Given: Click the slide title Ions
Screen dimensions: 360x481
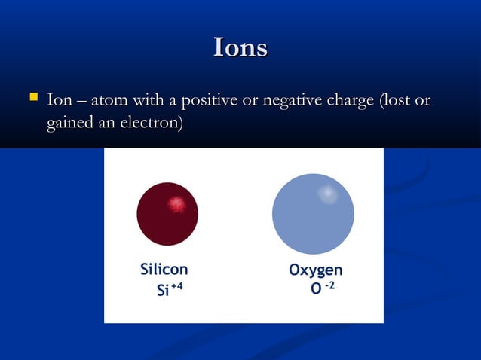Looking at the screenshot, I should click(x=240, y=47).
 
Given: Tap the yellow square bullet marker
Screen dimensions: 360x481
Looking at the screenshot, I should click(x=32, y=97).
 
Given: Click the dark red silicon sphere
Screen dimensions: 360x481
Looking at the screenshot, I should click(x=167, y=214).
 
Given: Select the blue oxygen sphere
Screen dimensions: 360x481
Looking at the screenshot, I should click(x=313, y=214).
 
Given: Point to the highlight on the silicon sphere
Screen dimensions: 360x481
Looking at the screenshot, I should click(x=176, y=203).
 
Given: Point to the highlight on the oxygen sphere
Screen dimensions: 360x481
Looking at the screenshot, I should click(x=328, y=194).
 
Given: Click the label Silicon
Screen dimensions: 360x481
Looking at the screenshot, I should click(x=164, y=270).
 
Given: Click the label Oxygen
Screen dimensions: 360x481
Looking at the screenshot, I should click(x=316, y=270).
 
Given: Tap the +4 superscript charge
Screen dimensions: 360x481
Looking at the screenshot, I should click(x=177, y=287).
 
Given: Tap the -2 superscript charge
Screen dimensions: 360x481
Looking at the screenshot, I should click(x=330, y=286).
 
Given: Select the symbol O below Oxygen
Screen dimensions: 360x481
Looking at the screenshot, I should click(x=316, y=291).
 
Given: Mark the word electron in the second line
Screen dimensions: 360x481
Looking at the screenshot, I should click(x=151, y=121).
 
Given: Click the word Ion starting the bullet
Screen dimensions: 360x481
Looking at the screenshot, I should click(x=60, y=100).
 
